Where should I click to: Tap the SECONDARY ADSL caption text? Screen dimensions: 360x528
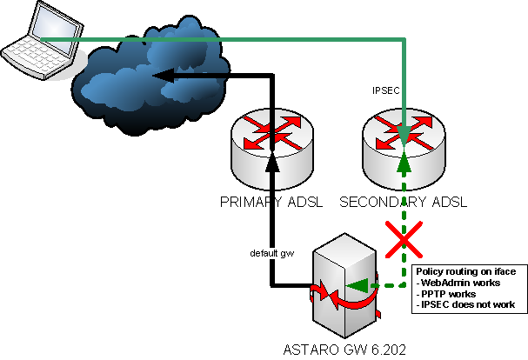(x=403, y=202)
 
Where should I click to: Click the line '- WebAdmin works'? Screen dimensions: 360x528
(x=458, y=283)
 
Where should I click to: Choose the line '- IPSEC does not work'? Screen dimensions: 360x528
(x=467, y=306)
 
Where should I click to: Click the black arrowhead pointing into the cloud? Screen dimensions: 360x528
(x=164, y=78)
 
